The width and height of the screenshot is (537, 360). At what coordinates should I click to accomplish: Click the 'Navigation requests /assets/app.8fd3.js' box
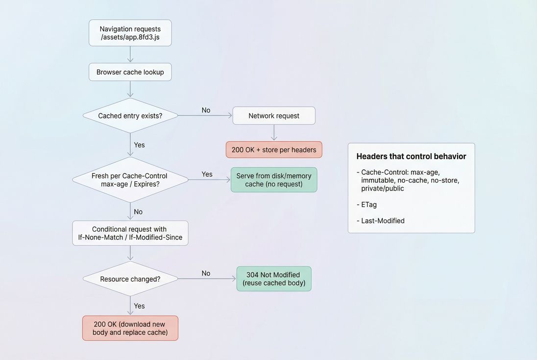coord(130,33)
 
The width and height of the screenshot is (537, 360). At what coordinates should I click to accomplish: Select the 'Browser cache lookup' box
coord(130,72)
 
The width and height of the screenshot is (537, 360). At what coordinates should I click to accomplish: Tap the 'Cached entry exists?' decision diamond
coord(130,116)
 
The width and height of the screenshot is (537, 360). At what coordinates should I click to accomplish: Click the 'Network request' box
coord(273,116)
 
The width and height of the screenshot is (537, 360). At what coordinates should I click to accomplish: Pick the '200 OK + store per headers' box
coord(273,149)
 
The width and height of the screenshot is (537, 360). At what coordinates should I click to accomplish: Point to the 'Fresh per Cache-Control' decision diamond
coord(130,180)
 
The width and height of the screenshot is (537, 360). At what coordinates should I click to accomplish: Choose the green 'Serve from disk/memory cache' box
coord(273,180)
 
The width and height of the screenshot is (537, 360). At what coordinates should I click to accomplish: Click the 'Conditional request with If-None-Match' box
coord(130,233)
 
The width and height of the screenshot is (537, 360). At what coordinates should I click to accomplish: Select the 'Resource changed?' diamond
coord(130,279)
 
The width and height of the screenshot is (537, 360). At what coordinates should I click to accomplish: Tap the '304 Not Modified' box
coord(273,279)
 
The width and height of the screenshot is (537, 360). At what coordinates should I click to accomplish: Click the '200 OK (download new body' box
coord(130,328)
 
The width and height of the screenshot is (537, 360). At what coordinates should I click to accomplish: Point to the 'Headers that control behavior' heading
coord(411,157)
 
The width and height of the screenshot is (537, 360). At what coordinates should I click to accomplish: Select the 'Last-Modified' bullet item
coord(383,221)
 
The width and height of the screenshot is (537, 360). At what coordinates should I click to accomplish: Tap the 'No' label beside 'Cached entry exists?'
coord(206,110)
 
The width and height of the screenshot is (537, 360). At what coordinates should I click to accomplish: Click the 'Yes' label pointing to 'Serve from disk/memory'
coord(207,174)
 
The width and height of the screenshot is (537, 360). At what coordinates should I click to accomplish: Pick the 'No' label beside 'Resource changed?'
coord(206,273)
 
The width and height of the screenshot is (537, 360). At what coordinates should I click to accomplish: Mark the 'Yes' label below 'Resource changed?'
coord(139,306)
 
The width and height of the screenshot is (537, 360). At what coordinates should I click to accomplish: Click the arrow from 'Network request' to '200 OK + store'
coord(274,133)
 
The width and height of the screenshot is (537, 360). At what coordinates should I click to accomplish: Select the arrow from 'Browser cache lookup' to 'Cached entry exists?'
coord(130,89)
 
